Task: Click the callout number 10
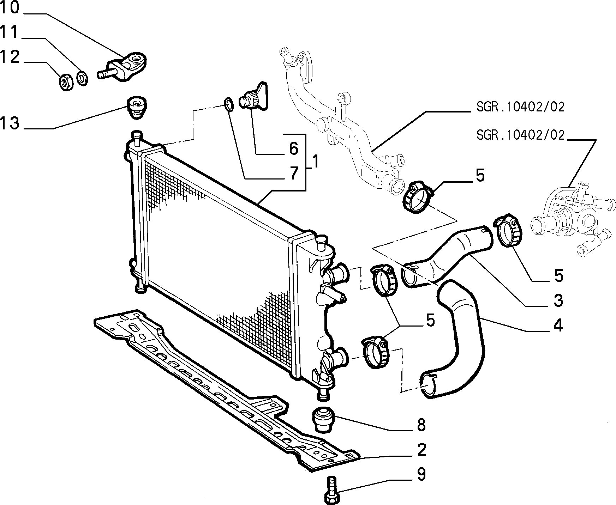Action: pyautogui.click(x=10, y=8)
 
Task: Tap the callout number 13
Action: pyautogui.click(x=10, y=124)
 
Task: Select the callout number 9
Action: pyautogui.click(x=421, y=474)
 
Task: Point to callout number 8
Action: pyautogui.click(x=421, y=426)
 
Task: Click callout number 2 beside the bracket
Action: pyautogui.click(x=421, y=450)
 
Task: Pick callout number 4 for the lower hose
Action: pyautogui.click(x=558, y=325)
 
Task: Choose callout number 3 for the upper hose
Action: pyautogui.click(x=558, y=300)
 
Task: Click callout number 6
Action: pyautogui.click(x=294, y=148)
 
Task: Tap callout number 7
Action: pyautogui.click(x=294, y=174)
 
